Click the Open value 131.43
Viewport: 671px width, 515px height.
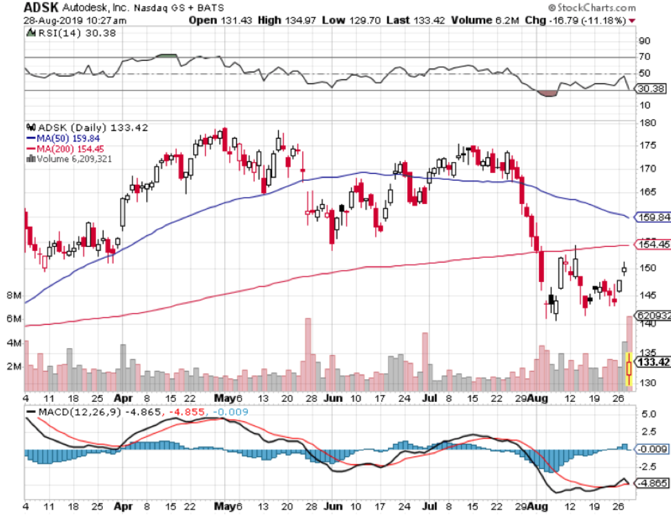coord(224,21)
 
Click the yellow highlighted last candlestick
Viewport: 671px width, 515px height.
coord(628,369)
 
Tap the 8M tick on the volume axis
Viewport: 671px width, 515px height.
coord(12,295)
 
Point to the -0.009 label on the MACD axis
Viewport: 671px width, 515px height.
coord(651,449)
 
